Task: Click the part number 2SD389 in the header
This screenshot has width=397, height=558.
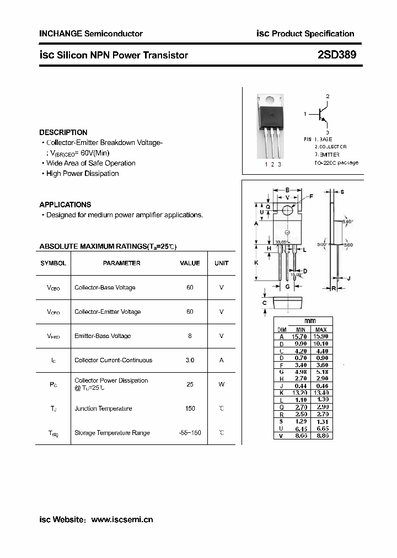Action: tap(337, 55)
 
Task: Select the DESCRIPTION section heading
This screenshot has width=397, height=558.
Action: tap(63, 132)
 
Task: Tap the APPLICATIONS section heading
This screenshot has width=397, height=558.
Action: tap(65, 205)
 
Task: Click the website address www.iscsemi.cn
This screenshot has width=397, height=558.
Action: tap(122, 519)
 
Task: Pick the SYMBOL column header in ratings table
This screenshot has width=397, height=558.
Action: tap(53, 263)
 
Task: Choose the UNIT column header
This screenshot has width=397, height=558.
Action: tap(222, 263)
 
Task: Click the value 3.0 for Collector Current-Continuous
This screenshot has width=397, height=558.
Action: tap(190, 360)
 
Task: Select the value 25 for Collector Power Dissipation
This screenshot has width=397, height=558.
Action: tap(190, 384)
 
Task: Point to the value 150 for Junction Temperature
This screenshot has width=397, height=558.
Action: tap(190, 409)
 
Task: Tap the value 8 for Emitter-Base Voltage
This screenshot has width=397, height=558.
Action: tap(190, 336)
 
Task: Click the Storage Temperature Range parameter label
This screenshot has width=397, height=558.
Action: tap(112, 433)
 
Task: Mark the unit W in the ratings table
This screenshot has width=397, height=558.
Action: tap(222, 384)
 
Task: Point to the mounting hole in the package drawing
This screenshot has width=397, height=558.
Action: tap(287, 211)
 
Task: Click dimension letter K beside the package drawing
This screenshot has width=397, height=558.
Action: tap(256, 263)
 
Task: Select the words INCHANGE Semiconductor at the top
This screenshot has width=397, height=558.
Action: tap(91, 34)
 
